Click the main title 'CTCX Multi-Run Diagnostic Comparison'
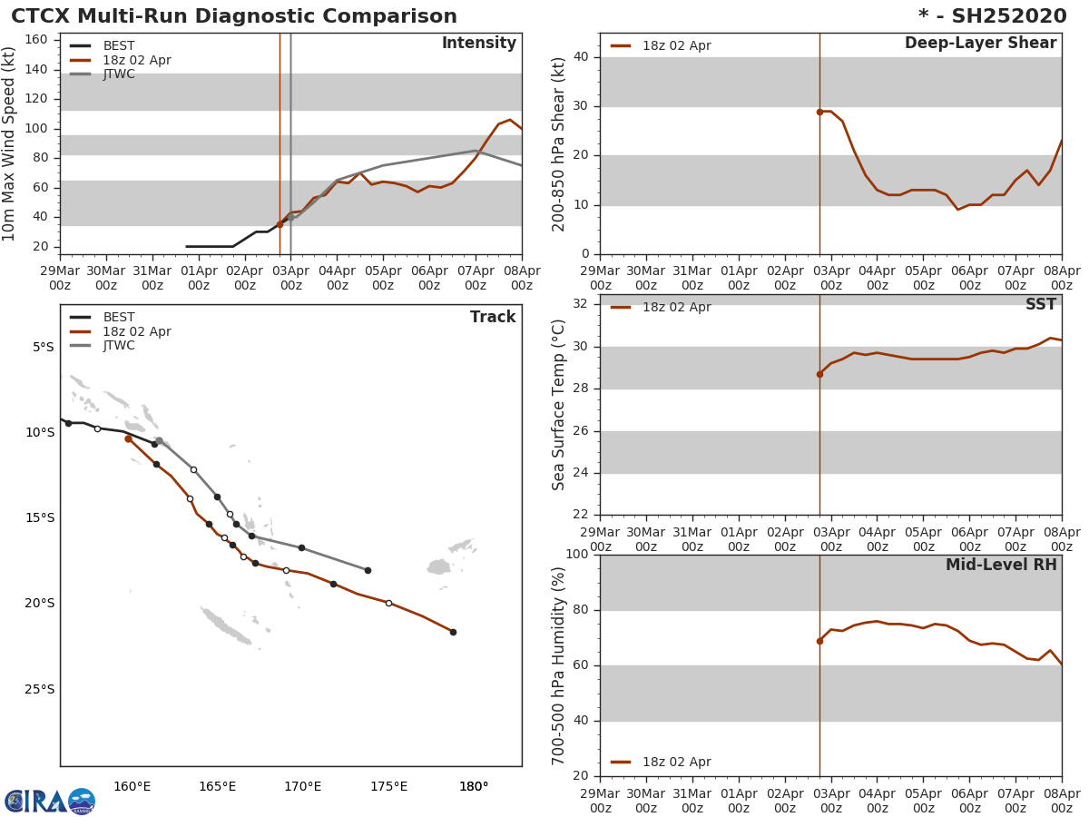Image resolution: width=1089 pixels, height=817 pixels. pyautogui.click(x=234, y=16)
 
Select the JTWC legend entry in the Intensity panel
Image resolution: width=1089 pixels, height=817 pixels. pyautogui.click(x=119, y=74)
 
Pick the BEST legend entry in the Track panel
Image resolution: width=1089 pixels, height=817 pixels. pyautogui.click(x=119, y=318)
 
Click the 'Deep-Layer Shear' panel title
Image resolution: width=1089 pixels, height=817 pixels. pyautogui.click(x=980, y=44)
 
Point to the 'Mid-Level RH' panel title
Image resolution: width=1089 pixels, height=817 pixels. pyautogui.click(x=1001, y=565)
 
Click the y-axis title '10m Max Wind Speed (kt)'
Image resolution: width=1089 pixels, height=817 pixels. pyautogui.click(x=10, y=143)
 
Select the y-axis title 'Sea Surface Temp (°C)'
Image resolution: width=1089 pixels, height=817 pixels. pyautogui.click(x=559, y=404)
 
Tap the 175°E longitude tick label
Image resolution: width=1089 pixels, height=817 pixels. pyautogui.click(x=388, y=786)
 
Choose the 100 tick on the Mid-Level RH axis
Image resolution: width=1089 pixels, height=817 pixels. pyautogui.click(x=576, y=555)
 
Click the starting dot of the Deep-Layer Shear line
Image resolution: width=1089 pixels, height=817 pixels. pyautogui.click(x=819, y=112)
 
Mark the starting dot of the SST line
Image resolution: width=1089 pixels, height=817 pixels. pyautogui.click(x=819, y=374)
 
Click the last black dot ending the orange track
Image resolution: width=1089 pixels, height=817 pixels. pyautogui.click(x=453, y=632)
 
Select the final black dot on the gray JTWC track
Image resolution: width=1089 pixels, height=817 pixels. pyautogui.click(x=368, y=570)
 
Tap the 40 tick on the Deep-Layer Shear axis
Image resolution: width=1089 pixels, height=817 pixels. pyautogui.click(x=581, y=57)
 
